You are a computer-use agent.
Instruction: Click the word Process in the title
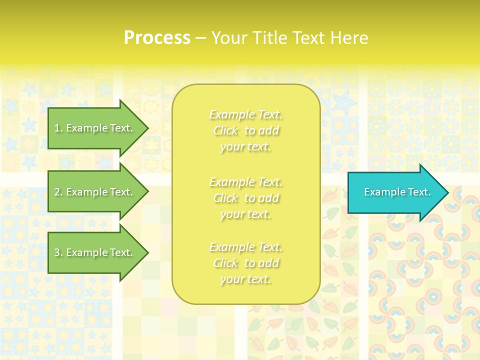point(157,38)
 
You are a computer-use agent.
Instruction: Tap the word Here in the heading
point(349,38)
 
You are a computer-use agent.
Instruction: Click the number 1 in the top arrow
point(57,128)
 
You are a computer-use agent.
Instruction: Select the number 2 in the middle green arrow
point(57,192)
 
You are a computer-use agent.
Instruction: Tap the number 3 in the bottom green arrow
point(57,252)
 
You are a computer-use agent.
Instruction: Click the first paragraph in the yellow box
point(245,131)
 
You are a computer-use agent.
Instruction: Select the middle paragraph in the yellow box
point(245,198)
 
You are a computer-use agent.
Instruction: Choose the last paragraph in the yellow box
point(245,263)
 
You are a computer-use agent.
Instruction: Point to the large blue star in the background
point(344,102)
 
